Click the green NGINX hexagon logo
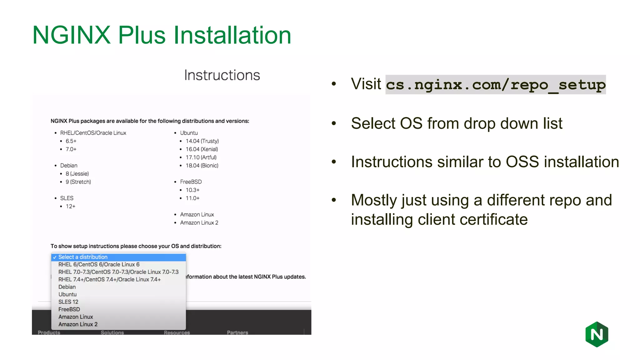pyautogui.click(x=597, y=334)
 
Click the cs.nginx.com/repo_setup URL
pyautogui.click(x=495, y=85)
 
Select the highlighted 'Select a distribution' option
pyautogui.click(x=83, y=257)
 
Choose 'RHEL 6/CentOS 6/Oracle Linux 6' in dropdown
pyautogui.click(x=99, y=265)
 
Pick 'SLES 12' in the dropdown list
pyautogui.click(x=68, y=302)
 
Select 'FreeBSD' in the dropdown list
pyautogui.click(x=69, y=309)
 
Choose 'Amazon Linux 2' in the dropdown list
pyautogui.click(x=78, y=324)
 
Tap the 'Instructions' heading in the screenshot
pyautogui.click(x=222, y=75)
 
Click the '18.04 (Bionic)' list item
pyautogui.click(x=202, y=166)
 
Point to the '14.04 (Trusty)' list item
pyautogui.click(x=202, y=141)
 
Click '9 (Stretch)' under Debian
pyautogui.click(x=78, y=182)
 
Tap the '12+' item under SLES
pyautogui.click(x=70, y=207)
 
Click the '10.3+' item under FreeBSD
pyautogui.click(x=192, y=190)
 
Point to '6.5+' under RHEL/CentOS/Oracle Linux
pyautogui.click(x=71, y=141)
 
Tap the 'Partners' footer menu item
pyautogui.click(x=237, y=332)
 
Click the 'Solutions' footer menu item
pyautogui.click(x=112, y=332)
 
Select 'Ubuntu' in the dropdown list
pyautogui.click(x=67, y=294)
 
